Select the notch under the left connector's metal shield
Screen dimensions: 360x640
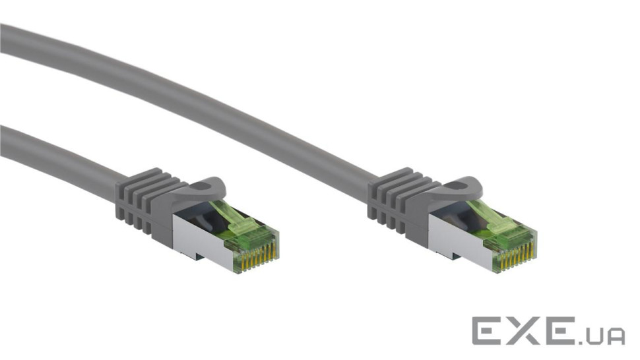click(x=192, y=255)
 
